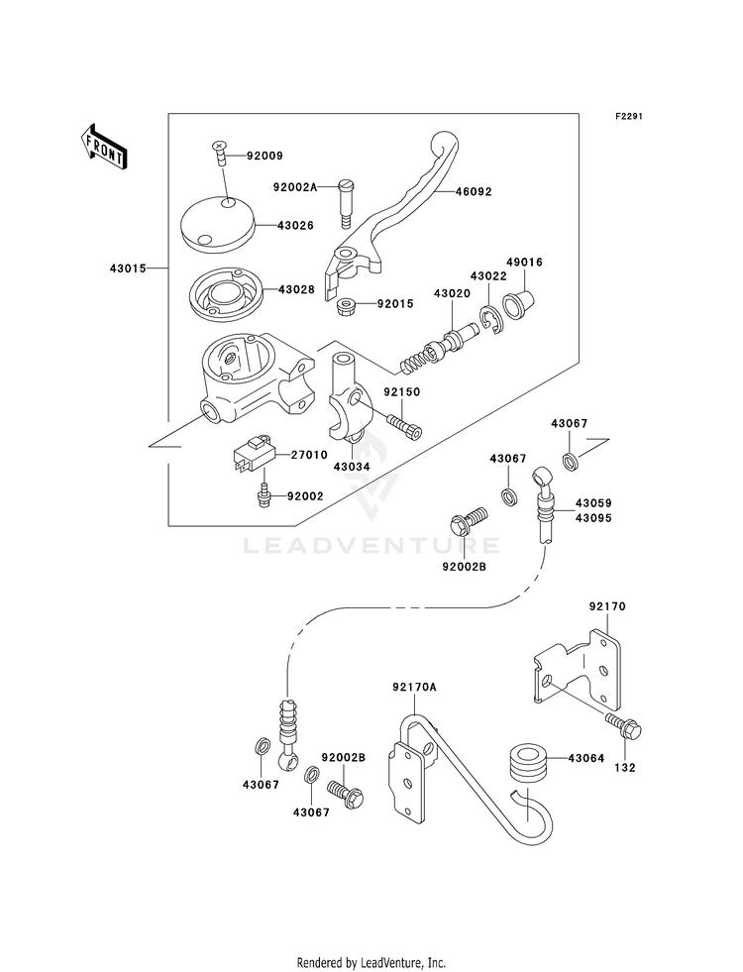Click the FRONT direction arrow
click(103, 147)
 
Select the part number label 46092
click(474, 191)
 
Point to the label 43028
click(296, 289)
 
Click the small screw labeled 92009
click(220, 152)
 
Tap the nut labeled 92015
click(346, 305)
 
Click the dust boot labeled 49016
click(519, 302)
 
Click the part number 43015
click(128, 269)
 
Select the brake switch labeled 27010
click(253, 456)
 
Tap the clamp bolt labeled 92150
click(404, 426)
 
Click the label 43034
click(352, 466)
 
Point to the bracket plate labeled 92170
click(578, 670)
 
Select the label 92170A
click(414, 687)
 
